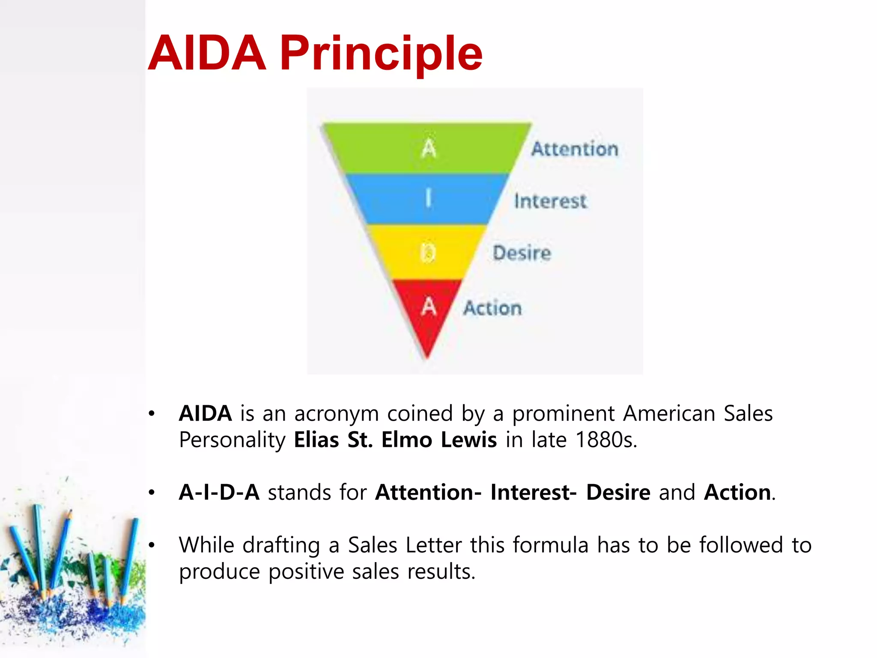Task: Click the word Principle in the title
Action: coord(381,54)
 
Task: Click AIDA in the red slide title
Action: coord(207,54)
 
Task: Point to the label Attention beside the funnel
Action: coord(575,149)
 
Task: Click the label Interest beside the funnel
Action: coord(550,201)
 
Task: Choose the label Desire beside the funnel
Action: coord(522,253)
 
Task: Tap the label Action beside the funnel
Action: coord(492,308)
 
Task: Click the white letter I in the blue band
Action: coord(428,199)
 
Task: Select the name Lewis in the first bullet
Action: coord(469,440)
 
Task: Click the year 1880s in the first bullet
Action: coord(606,440)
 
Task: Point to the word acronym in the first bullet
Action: coord(337,414)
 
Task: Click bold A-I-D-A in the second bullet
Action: coord(219,492)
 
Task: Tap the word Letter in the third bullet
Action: coord(433,545)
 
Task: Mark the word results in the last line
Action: coord(441,572)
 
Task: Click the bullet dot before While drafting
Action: coord(151,545)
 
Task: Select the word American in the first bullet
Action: coord(669,414)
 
